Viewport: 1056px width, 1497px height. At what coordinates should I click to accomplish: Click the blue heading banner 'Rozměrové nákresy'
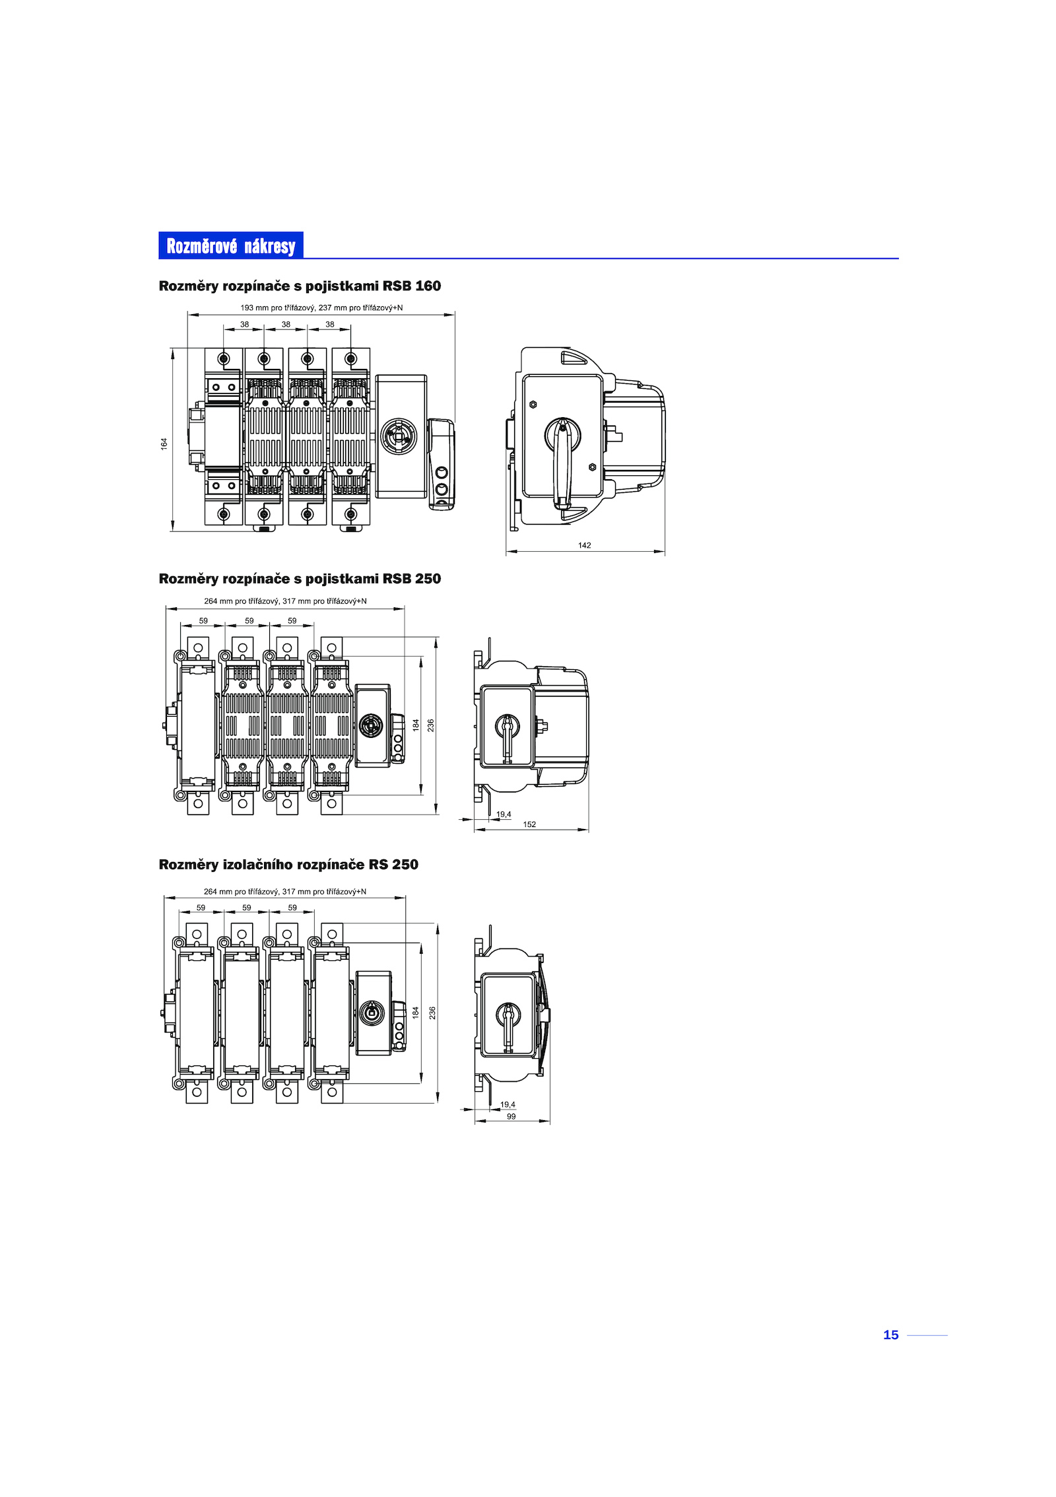[x=230, y=245]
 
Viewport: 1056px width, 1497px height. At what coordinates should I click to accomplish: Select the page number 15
[x=890, y=1335]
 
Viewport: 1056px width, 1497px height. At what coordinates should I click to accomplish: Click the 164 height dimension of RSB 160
[x=164, y=444]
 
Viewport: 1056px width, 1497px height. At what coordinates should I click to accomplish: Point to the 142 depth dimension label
[x=584, y=545]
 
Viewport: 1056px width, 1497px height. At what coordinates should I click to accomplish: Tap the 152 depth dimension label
[x=529, y=824]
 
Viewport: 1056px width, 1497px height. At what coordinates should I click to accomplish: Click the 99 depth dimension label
[x=511, y=1117]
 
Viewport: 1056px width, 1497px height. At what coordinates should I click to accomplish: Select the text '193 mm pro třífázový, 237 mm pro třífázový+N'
[x=321, y=308]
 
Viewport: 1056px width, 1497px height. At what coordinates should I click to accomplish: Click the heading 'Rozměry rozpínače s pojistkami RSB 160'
[x=300, y=286]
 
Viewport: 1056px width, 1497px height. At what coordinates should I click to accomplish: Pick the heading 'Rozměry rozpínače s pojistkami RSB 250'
[x=300, y=579]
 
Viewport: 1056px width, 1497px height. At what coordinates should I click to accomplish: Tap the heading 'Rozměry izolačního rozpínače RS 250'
[x=288, y=865]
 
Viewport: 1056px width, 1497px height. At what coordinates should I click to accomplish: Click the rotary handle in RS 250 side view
[x=508, y=1024]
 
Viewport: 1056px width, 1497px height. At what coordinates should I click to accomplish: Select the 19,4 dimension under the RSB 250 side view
[x=504, y=815]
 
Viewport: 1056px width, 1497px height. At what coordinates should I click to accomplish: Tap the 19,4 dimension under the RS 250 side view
[x=508, y=1104]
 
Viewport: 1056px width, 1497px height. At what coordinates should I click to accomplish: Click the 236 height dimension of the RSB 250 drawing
[x=431, y=725]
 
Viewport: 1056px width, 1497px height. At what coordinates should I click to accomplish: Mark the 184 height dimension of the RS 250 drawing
[x=416, y=1012]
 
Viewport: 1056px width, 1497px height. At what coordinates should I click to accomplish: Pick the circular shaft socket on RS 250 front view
[x=373, y=1013]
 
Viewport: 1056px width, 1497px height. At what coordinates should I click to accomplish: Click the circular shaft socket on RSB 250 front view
[x=372, y=725]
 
